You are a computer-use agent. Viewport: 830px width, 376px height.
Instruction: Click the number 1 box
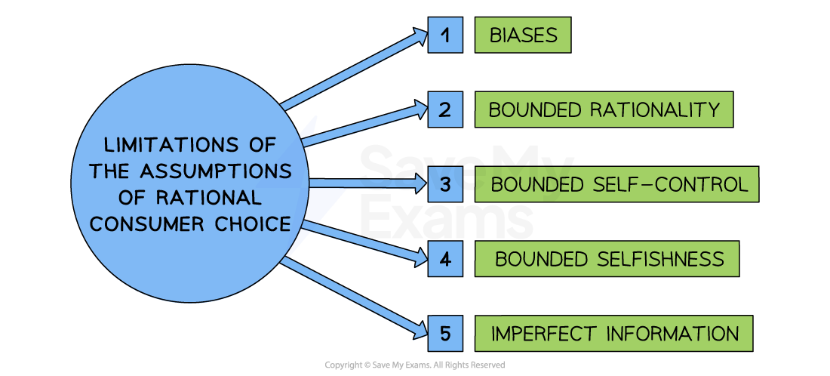click(x=445, y=35)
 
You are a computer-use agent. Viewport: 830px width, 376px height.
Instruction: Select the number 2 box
click(x=445, y=109)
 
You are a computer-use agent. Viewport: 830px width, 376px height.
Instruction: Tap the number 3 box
click(x=445, y=184)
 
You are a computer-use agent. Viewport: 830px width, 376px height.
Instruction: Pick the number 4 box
click(x=445, y=259)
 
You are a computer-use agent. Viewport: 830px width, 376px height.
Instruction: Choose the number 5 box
click(x=445, y=333)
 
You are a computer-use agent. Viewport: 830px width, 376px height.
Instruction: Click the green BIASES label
click(x=523, y=35)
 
